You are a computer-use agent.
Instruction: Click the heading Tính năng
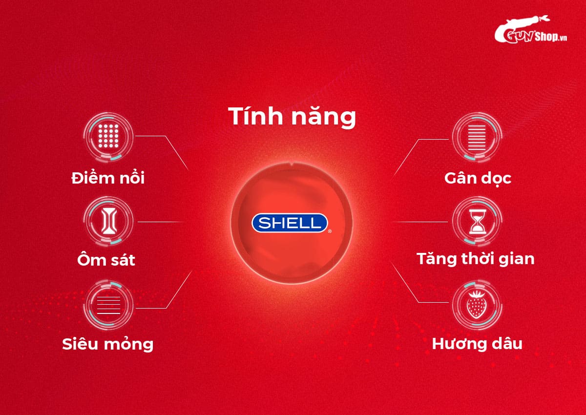tap(292, 118)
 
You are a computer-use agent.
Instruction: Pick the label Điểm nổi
tap(108, 178)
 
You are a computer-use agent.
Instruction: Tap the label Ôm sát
tap(106, 260)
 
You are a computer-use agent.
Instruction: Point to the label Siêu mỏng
tap(108, 344)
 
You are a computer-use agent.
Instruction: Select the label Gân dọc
tap(478, 178)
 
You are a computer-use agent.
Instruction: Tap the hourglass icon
tap(477, 222)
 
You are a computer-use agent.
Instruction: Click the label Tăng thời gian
tap(476, 258)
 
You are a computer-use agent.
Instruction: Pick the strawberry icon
tap(476, 305)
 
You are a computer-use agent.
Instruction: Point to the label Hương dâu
tap(477, 344)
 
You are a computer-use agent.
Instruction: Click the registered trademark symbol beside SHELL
tap(330, 231)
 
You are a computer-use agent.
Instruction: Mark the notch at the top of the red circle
tap(291, 164)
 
